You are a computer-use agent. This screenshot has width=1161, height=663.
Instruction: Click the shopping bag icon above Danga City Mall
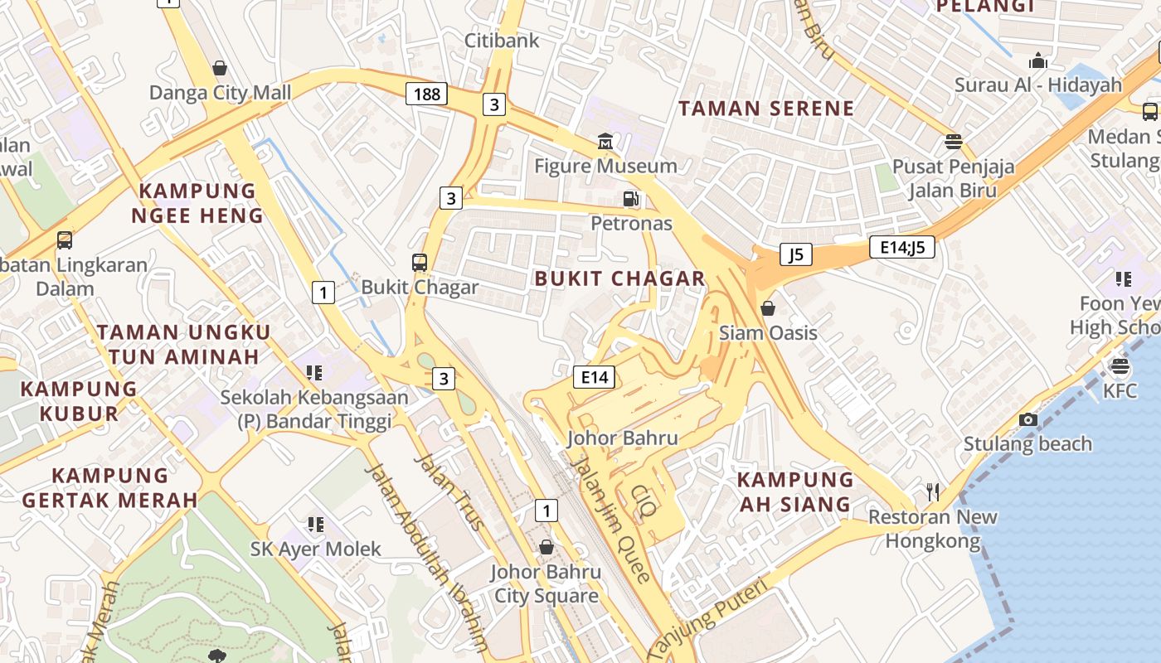pos(220,68)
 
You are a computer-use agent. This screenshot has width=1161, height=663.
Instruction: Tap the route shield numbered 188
pos(426,94)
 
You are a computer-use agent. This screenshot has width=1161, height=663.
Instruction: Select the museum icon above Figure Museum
pos(605,143)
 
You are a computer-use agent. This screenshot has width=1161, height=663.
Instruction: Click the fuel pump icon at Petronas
pos(631,199)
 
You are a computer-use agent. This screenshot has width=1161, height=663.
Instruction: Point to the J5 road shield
pos(795,254)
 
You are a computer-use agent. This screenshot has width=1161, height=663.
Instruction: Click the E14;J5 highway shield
pos(902,246)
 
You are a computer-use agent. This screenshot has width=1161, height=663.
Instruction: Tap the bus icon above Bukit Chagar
pos(420,263)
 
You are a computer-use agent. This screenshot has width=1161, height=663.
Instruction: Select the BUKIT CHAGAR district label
pos(619,278)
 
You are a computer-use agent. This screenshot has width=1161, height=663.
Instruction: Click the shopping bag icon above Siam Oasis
pos(768,308)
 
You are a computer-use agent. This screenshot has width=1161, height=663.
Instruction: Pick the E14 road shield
pos(595,378)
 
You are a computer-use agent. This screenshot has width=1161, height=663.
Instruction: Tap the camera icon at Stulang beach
pos(1028,420)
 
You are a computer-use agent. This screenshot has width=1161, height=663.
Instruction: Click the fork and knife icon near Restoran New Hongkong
pos(933,492)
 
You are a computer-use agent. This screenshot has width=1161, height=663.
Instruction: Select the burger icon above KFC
pos(1120,366)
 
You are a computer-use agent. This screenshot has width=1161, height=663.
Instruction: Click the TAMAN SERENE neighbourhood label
pos(766,109)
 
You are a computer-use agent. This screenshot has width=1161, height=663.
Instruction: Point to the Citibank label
pos(502,41)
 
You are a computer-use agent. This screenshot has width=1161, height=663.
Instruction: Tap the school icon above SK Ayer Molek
pos(315,524)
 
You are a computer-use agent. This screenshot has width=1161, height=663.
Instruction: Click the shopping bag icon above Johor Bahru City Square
pos(546,547)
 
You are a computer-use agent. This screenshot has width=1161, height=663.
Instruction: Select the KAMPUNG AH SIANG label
pos(794,491)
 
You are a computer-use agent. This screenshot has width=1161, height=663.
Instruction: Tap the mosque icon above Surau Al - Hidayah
pos(1037,61)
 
